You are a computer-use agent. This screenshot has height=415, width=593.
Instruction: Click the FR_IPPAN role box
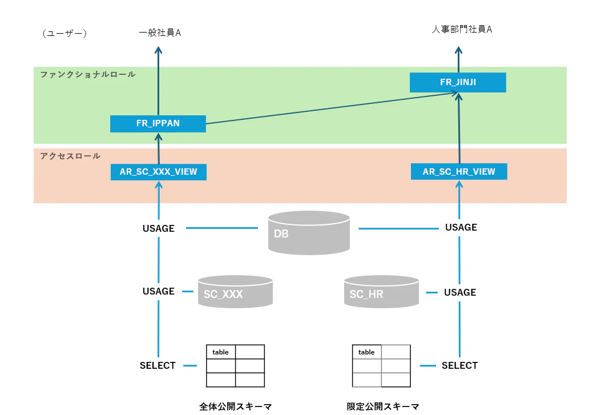click(x=158, y=124)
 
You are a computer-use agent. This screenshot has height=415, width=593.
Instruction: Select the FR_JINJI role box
click(x=458, y=82)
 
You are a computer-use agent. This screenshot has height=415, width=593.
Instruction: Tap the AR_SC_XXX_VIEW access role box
click(x=159, y=172)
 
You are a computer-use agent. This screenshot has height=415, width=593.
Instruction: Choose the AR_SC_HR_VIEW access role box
click(x=459, y=171)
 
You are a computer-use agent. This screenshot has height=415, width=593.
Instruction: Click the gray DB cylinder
click(x=309, y=233)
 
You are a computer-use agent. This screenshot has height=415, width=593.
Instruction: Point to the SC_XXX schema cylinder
click(x=235, y=292)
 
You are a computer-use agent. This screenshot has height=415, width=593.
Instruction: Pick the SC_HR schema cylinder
click(x=381, y=292)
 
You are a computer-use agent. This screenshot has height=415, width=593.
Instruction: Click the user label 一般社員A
click(x=160, y=33)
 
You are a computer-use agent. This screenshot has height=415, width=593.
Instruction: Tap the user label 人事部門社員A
click(x=462, y=30)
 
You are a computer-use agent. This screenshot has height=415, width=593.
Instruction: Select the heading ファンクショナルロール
click(x=88, y=75)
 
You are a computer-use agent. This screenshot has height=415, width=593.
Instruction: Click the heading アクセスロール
click(x=70, y=156)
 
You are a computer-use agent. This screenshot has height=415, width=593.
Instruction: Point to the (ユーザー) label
click(x=64, y=34)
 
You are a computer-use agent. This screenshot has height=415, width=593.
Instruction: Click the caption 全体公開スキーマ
click(x=235, y=406)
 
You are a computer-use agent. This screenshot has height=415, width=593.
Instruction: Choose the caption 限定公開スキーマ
click(x=383, y=406)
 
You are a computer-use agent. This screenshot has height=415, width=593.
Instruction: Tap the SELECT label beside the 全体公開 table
click(x=158, y=365)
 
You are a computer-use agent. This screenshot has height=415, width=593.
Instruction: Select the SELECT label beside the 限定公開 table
click(x=459, y=365)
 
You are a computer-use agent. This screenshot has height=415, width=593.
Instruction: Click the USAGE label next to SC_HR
click(x=460, y=292)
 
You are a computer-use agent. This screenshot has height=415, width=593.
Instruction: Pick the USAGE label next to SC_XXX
click(x=159, y=291)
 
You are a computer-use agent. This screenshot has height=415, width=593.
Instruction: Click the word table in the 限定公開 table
click(x=366, y=352)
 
